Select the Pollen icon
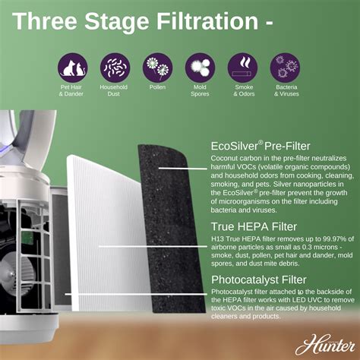point(158,67)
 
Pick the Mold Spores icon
point(200,67)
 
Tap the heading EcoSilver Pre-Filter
point(261,144)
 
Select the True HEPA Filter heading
point(254,226)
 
